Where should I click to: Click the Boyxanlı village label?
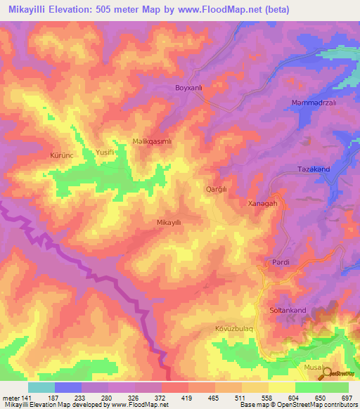[x=188, y=89]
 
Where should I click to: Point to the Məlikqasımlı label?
[x=153, y=141]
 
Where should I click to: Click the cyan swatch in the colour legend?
[x=41, y=387]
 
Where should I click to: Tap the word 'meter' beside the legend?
[x=11, y=397]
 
